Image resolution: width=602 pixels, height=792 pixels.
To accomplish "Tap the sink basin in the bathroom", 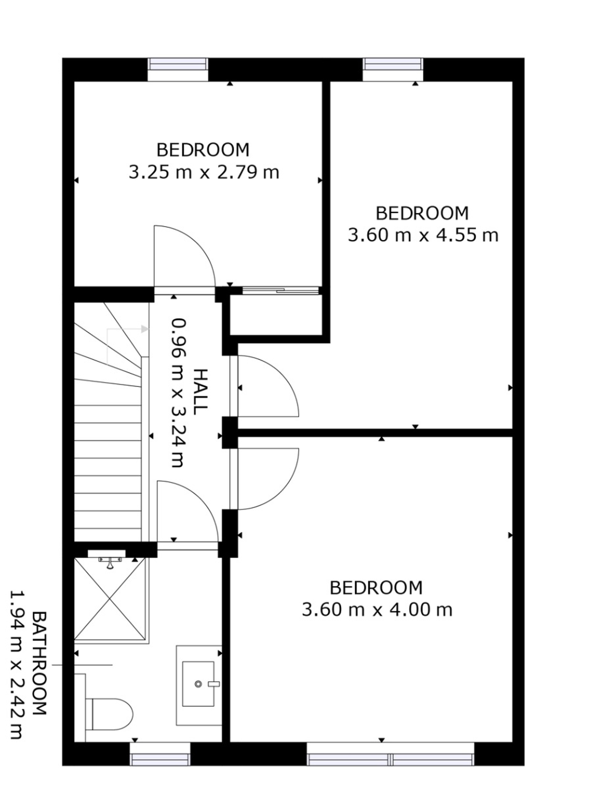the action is [x=198, y=684].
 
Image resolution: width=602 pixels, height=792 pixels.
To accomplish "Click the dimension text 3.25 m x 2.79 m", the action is [x=204, y=172].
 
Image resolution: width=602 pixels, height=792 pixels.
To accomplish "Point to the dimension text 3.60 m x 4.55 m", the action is [x=423, y=235].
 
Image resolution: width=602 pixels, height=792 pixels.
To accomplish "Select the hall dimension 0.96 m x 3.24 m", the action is [x=177, y=393].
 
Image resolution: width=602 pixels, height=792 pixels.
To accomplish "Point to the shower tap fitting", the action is [x=111, y=563].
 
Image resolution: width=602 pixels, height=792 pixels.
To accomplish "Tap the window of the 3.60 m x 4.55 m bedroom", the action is [x=393, y=64].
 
